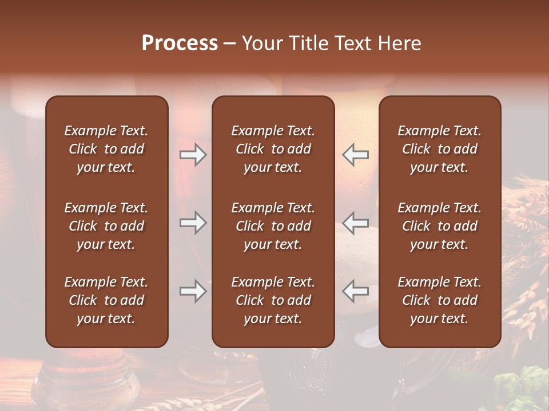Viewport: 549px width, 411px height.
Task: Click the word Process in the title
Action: click(x=180, y=43)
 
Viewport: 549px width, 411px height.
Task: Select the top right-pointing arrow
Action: click(x=193, y=155)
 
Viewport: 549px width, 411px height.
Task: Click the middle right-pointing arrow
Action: click(x=193, y=223)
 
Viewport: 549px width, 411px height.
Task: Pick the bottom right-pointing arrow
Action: click(x=193, y=292)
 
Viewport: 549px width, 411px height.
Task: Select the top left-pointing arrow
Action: click(x=356, y=155)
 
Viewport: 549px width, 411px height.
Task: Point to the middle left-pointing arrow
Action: click(x=356, y=223)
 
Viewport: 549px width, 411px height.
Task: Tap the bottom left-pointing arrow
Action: click(x=356, y=292)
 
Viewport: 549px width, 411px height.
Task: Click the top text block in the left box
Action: click(x=106, y=149)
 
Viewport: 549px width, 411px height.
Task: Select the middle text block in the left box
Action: click(x=106, y=226)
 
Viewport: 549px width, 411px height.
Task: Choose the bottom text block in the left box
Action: click(x=106, y=300)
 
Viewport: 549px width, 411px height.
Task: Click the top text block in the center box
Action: click(x=273, y=149)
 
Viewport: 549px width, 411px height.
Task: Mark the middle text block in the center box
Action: click(x=273, y=226)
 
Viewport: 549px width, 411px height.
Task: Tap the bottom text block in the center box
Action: click(x=273, y=300)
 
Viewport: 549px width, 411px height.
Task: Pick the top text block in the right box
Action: click(x=440, y=149)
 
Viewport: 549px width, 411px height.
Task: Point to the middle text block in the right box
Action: click(x=440, y=226)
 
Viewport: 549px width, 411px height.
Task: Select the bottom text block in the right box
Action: click(x=440, y=300)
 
